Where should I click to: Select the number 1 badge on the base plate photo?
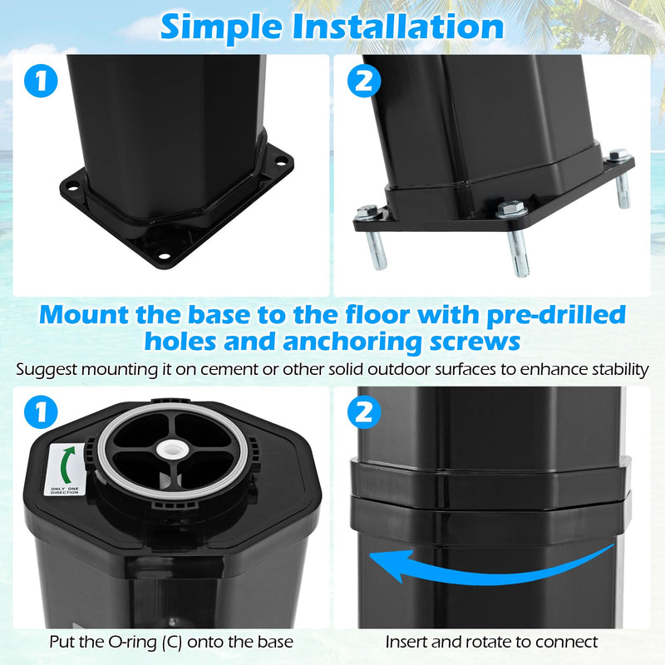tap(41, 83)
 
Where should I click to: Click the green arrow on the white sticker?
tap(64, 461)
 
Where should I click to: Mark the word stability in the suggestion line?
tap(618, 368)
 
